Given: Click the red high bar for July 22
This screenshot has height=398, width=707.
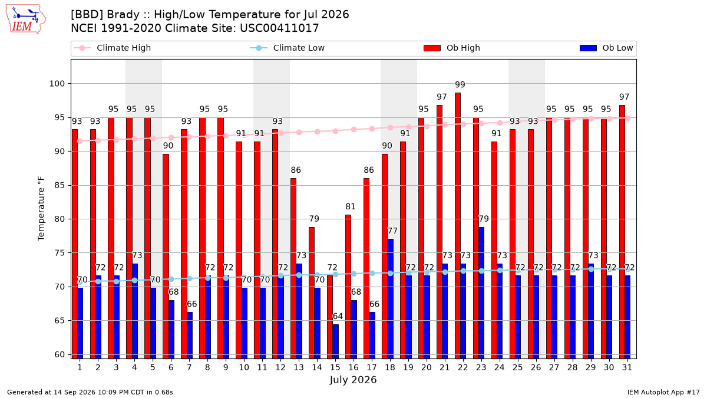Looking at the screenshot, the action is click(x=458, y=225).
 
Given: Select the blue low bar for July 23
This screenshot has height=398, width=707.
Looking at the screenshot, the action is click(x=481, y=293).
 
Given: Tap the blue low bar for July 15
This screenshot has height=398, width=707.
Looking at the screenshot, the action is click(x=335, y=341).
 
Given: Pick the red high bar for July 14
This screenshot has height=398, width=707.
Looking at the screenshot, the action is click(x=312, y=293).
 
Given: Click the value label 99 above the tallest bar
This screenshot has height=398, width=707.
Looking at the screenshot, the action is click(x=460, y=85).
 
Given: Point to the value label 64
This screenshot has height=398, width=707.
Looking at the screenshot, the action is click(x=338, y=316).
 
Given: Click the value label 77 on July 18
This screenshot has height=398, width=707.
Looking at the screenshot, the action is click(x=392, y=231).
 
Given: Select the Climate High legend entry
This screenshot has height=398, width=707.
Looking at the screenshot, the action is click(x=112, y=48).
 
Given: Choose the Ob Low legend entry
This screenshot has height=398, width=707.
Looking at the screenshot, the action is click(x=606, y=48).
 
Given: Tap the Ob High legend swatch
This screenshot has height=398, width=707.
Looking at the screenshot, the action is click(x=432, y=48).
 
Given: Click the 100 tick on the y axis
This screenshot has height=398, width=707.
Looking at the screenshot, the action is click(x=57, y=84).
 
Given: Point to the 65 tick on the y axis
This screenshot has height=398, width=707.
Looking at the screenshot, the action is click(x=60, y=321).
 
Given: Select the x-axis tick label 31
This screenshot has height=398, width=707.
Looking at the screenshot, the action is click(x=627, y=368).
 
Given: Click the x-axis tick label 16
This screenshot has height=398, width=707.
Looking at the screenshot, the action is click(x=353, y=368).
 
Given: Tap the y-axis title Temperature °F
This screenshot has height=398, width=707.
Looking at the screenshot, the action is click(x=41, y=209).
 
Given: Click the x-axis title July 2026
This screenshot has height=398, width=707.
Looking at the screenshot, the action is click(x=353, y=380).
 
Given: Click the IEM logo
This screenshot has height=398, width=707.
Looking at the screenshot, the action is click(x=26, y=19).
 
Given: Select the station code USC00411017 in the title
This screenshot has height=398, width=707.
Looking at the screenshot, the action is click(x=279, y=28).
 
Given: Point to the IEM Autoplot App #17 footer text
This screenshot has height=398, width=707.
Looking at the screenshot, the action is click(x=663, y=392).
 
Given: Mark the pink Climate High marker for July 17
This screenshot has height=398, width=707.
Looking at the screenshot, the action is click(x=372, y=129).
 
